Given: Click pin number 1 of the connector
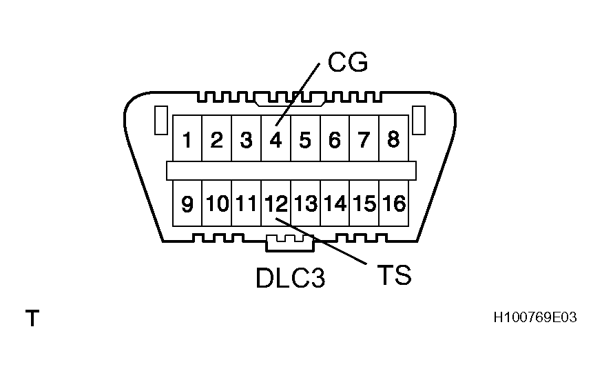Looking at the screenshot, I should coord(187,140).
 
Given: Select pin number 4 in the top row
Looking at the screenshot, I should coord(276,140).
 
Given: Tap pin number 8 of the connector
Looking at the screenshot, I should coord(393,140).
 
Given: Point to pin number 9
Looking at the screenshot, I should coord(187,204).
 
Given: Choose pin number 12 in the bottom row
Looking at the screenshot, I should coord(276,204).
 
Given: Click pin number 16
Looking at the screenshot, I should coord(395,204).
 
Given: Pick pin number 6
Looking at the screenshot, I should coord(335,140).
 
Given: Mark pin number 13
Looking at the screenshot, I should coord(306,204).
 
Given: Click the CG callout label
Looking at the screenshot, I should coord(348,63).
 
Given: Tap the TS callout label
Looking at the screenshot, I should coord(394,275).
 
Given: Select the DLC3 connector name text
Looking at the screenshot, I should coord(290,278).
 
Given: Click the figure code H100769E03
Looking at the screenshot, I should coord(534,318).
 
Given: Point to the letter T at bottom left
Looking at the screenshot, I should coord(32,319).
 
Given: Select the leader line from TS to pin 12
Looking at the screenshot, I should coord(324,242).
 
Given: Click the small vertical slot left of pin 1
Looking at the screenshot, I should coord(160,120).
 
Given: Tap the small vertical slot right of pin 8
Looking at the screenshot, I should coord(419,120).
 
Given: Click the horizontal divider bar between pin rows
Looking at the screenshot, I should coord(291,170).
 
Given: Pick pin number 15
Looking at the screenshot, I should coord(364,204).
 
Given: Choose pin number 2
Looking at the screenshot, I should coord(216,140).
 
